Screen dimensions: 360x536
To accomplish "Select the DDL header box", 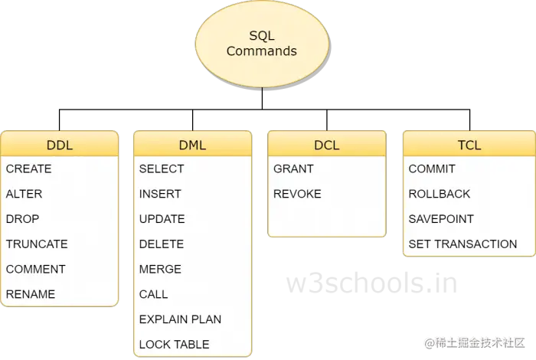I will tap(60, 144).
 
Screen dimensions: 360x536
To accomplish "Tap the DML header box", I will tap(192, 144).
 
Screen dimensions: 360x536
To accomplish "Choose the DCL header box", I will tap(326, 144).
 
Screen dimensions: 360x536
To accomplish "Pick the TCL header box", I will tap(468, 144).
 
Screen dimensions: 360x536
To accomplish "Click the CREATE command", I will tap(29, 169).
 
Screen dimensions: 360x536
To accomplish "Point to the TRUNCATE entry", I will tap(37, 244).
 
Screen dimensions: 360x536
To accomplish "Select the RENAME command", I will tap(31, 294).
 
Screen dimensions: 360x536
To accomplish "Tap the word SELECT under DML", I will tap(162, 169).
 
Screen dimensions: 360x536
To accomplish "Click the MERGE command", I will tap(160, 269).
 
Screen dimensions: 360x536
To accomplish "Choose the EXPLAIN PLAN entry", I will tap(180, 319).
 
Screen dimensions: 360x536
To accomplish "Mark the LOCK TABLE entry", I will tap(174, 344).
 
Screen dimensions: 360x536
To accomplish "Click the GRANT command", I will tap(293, 169).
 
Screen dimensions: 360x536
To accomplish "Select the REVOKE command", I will tap(298, 194).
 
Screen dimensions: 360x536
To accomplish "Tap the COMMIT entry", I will tap(432, 169).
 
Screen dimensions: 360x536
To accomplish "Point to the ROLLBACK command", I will tap(440, 194).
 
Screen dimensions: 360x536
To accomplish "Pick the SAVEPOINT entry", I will tap(441, 219).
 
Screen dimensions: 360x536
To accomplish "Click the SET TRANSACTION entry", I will tap(462, 244).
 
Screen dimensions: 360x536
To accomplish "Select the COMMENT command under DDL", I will tap(36, 269).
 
